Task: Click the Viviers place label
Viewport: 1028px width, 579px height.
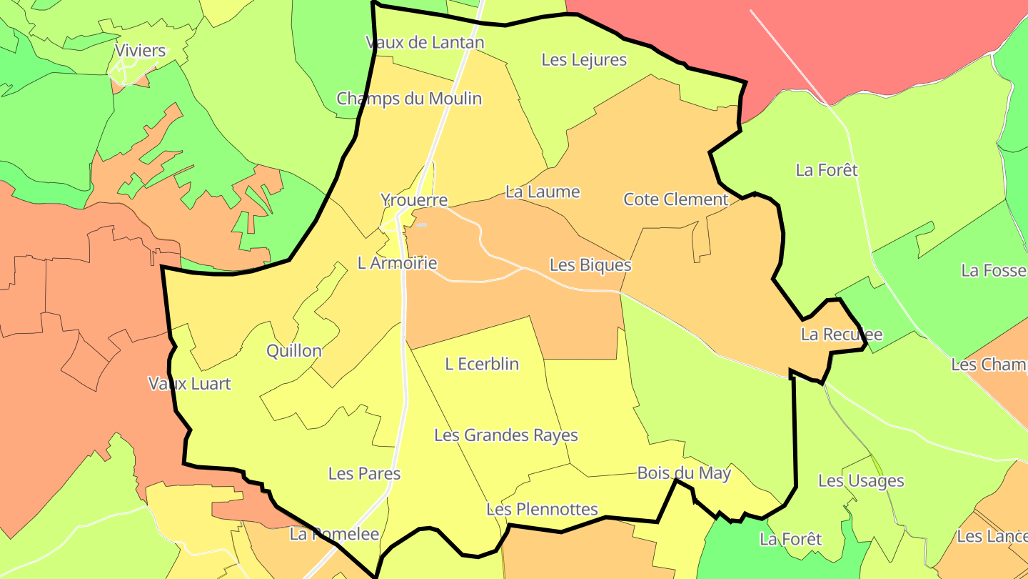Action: pyautogui.click(x=140, y=51)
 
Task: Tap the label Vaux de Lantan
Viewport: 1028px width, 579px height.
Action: pyautogui.click(x=425, y=42)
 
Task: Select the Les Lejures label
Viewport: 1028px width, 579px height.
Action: pyautogui.click(x=584, y=60)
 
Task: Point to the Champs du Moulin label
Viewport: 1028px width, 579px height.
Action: pyautogui.click(x=409, y=99)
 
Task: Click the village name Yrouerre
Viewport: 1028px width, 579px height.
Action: pyautogui.click(x=414, y=200)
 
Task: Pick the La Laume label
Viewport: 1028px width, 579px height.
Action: pyautogui.click(x=543, y=192)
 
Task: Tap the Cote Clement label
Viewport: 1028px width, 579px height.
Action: pyautogui.click(x=675, y=199)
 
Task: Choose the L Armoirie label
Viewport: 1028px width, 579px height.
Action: pyautogui.click(x=397, y=263)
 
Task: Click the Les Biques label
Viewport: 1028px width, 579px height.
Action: pyautogui.click(x=590, y=265)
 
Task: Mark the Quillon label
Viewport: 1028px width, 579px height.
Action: pyautogui.click(x=294, y=351)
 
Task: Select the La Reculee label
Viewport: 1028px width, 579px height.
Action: pyautogui.click(x=842, y=335)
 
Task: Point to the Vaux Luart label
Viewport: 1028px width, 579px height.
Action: pyautogui.click(x=190, y=384)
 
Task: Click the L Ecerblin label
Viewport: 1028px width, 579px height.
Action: pyautogui.click(x=482, y=364)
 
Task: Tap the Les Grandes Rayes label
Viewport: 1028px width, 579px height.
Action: pyautogui.click(x=506, y=435)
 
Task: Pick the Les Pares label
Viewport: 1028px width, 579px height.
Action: pyautogui.click(x=364, y=474)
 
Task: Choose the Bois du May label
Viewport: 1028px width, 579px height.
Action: pyautogui.click(x=684, y=473)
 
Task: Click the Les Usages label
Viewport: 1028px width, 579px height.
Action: pyautogui.click(x=861, y=481)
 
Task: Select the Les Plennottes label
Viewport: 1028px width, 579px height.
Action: pyautogui.click(x=542, y=510)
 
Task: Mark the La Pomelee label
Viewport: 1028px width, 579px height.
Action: pyautogui.click(x=334, y=534)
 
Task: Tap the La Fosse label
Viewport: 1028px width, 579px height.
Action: pyautogui.click(x=994, y=271)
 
